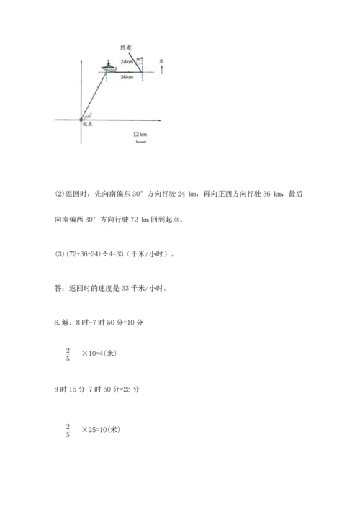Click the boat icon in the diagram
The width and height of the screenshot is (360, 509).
point(109,68)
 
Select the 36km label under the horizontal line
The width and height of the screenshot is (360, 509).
point(126,77)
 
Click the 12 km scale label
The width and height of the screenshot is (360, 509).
point(140,135)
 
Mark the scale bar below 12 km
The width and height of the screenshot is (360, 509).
point(140,142)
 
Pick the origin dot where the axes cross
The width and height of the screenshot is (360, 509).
point(81,118)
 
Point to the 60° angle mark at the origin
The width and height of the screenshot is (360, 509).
point(88,114)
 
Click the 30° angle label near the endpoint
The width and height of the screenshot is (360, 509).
point(139,59)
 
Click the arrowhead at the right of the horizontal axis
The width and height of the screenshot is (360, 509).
point(161,118)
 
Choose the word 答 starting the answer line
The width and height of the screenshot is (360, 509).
point(58,288)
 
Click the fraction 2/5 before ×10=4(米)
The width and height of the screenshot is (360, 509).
point(68,355)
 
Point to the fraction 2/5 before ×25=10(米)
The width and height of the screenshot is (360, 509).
point(68,431)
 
